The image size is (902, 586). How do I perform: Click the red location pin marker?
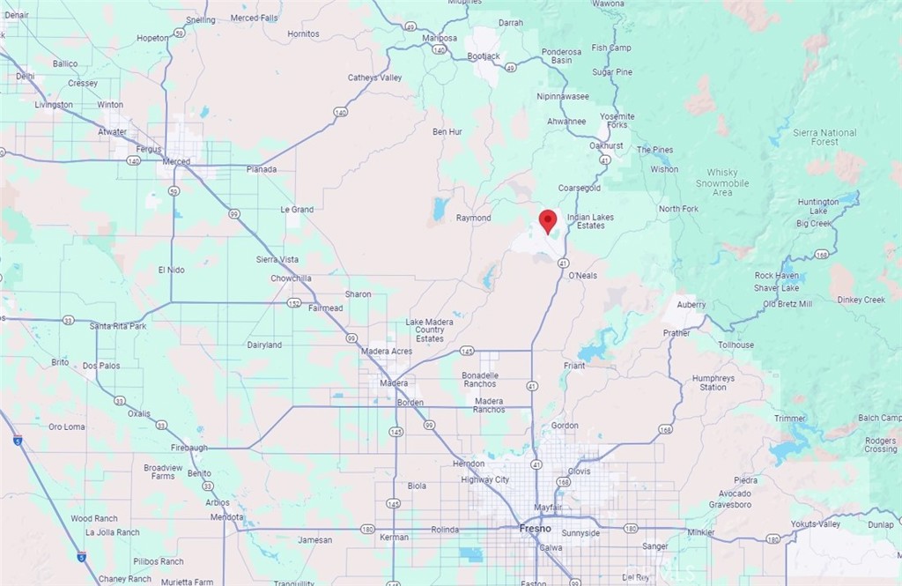pyautogui.click(x=548, y=220)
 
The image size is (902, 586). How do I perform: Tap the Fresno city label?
pyautogui.click(x=534, y=528)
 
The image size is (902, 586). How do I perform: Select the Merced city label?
pyautogui.click(x=177, y=161)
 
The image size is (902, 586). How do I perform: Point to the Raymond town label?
pyautogui.click(x=473, y=218)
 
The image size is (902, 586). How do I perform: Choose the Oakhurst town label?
pyautogui.click(x=606, y=145)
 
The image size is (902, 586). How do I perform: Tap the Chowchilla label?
pyautogui.click(x=291, y=278)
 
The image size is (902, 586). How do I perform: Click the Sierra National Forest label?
pyautogui.click(x=824, y=137)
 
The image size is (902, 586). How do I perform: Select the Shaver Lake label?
pyautogui.click(x=777, y=288)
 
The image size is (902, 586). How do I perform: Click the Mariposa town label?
pyautogui.click(x=440, y=39)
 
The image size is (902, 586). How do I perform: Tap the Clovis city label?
pyautogui.click(x=579, y=471)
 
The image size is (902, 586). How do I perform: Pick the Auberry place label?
pyautogui.click(x=691, y=304)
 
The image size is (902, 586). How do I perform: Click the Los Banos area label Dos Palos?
pyautogui.click(x=101, y=365)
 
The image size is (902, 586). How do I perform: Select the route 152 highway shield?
pyautogui.click(x=295, y=302)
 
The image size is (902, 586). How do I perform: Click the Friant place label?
pyautogui.click(x=574, y=365)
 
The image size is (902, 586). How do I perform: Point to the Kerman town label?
pyautogui.click(x=394, y=537)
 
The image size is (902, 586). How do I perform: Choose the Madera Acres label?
pyautogui.click(x=387, y=352)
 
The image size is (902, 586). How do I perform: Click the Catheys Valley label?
pyautogui.click(x=374, y=78)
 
